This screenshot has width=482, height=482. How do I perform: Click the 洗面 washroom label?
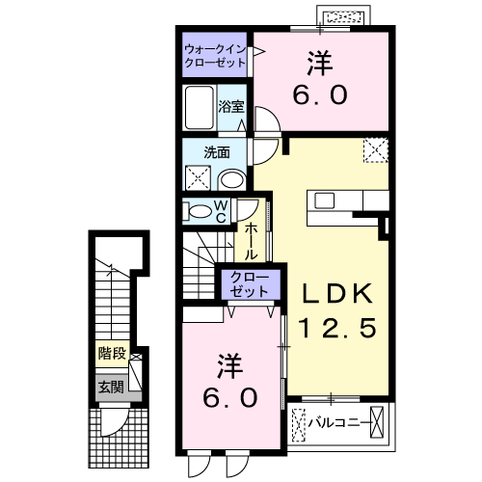pos(216,151)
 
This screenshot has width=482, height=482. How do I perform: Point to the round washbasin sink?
pos(231,178)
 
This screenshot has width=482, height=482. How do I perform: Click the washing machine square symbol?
pos(199,177)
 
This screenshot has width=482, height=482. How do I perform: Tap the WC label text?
pos(221,210)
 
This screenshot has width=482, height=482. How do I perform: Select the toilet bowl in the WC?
pos(199,210)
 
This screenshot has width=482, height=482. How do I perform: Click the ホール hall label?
pos(250,241)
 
